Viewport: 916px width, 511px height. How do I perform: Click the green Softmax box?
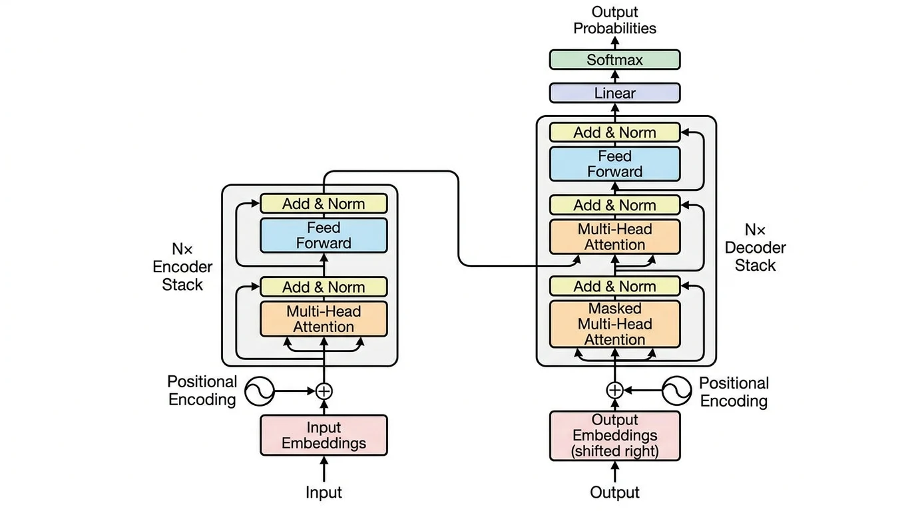point(614,60)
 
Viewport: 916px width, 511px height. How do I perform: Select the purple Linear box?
point(614,93)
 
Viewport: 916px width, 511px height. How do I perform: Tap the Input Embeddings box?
point(324,435)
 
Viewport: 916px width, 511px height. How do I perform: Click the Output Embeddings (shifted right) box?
point(614,436)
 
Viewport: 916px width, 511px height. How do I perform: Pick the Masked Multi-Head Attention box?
point(614,324)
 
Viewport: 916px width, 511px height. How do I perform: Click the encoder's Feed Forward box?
point(324,235)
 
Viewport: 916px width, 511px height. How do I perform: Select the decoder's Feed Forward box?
point(614,164)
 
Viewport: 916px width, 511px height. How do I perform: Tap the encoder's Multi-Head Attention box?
point(324,319)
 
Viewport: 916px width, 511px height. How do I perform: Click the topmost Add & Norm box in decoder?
point(614,132)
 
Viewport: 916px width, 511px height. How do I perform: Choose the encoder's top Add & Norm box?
point(324,204)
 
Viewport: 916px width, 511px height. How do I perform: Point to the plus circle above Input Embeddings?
point(324,391)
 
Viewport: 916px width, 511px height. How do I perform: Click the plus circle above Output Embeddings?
point(614,390)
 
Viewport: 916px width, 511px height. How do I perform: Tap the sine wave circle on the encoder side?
point(259,391)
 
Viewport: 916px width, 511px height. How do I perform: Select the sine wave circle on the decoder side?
point(677,390)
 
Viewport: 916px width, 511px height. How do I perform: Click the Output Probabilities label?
point(614,20)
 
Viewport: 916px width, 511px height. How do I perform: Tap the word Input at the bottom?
point(324,492)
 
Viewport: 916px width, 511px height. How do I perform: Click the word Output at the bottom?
point(614,492)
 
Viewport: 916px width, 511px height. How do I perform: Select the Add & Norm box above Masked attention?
point(614,287)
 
